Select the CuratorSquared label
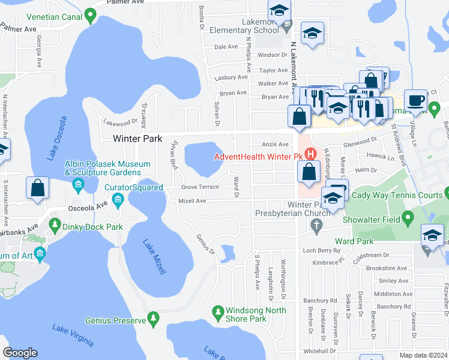133,188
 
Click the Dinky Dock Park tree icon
55,227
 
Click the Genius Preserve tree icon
154,317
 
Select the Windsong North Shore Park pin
217,311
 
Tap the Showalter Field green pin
408,218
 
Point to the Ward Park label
355,241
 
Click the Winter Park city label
137,139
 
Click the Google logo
20,353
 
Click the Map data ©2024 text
423,355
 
